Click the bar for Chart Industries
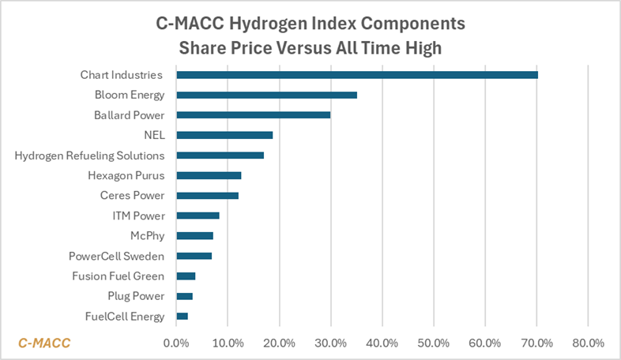point(356,75)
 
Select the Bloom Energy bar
point(266,95)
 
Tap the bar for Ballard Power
point(253,115)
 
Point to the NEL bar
point(224,135)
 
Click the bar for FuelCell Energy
point(182,316)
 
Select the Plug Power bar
point(184,296)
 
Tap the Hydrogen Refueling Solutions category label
point(89,156)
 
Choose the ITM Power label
point(138,216)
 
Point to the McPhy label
point(147,235)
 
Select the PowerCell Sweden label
point(116,256)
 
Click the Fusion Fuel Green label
point(118,276)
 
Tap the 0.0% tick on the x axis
point(175,343)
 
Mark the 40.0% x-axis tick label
point(382,343)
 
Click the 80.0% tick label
point(588,343)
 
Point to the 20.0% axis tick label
point(279,343)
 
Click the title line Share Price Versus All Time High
point(310,47)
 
